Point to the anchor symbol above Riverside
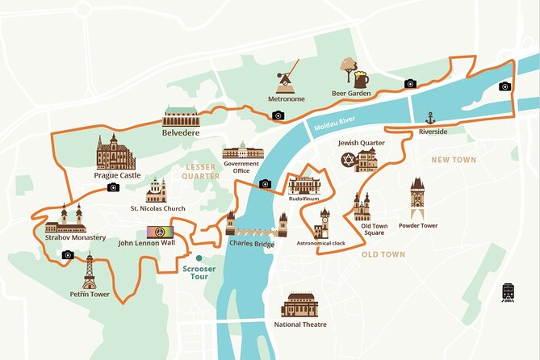point(430,118)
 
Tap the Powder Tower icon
point(417,197)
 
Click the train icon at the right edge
point(509,292)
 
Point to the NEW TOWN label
point(453,160)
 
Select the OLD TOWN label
point(383,254)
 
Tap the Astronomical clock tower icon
point(323,223)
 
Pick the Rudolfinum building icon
point(305,185)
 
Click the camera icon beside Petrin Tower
point(68,255)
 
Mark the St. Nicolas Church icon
point(157,190)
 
